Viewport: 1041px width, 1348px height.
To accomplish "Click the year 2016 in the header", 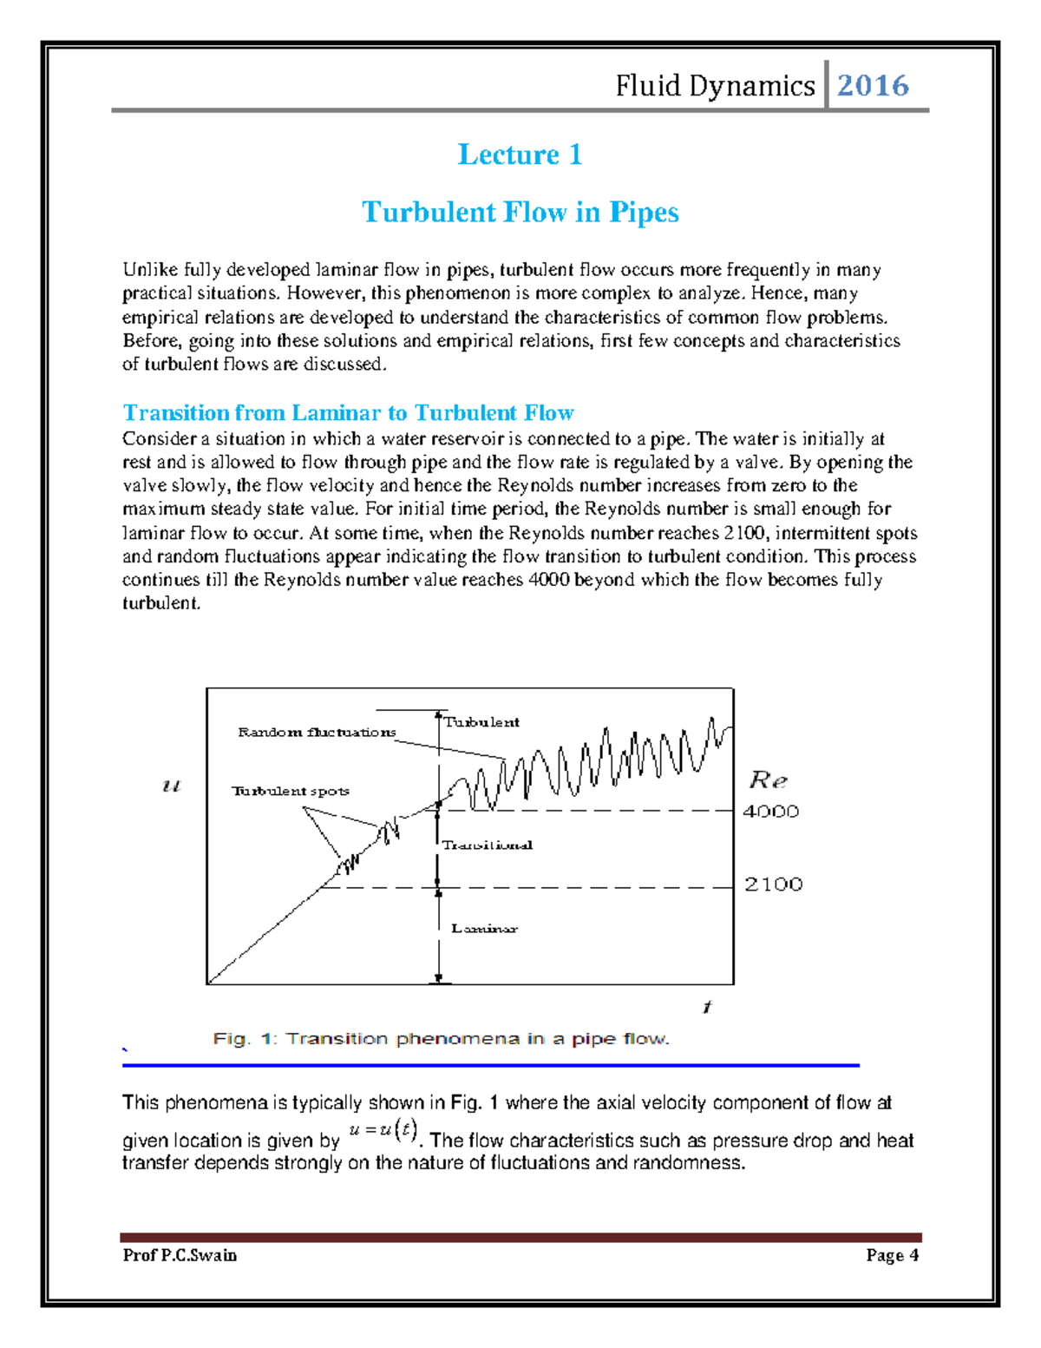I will pyautogui.click(x=873, y=85).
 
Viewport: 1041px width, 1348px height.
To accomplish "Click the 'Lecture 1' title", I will pyautogui.click(x=520, y=155).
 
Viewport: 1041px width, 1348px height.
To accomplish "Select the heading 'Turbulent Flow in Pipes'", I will pyautogui.click(x=520, y=212).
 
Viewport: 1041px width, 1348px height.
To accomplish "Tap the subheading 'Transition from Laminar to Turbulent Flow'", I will pyautogui.click(x=348, y=412).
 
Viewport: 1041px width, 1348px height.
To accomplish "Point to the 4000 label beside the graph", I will pyautogui.click(x=771, y=812).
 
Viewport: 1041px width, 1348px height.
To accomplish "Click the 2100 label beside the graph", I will pyautogui.click(x=773, y=884).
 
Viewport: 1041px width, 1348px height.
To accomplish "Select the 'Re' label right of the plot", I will pyautogui.click(x=768, y=779).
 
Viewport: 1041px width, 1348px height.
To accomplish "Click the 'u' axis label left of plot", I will pyautogui.click(x=172, y=786).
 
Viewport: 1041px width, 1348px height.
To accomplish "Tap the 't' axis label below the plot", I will pyautogui.click(x=707, y=1007).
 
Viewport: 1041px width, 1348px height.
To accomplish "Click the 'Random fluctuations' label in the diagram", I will pyautogui.click(x=317, y=733).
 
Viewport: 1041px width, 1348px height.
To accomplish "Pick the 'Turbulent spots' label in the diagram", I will pyautogui.click(x=290, y=791).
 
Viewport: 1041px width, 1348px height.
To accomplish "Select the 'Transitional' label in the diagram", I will pyautogui.click(x=487, y=845).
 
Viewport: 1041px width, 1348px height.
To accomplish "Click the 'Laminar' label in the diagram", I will pyautogui.click(x=484, y=929).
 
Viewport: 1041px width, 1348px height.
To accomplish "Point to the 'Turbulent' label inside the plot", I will pyautogui.click(x=481, y=722).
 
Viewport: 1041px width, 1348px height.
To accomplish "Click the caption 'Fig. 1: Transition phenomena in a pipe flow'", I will pyautogui.click(x=441, y=1039).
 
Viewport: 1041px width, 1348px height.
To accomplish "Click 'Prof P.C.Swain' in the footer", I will pyautogui.click(x=180, y=1255).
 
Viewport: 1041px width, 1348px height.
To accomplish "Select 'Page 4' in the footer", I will pyautogui.click(x=892, y=1255).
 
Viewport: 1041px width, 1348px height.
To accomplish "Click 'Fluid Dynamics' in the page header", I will pyautogui.click(x=715, y=86).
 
